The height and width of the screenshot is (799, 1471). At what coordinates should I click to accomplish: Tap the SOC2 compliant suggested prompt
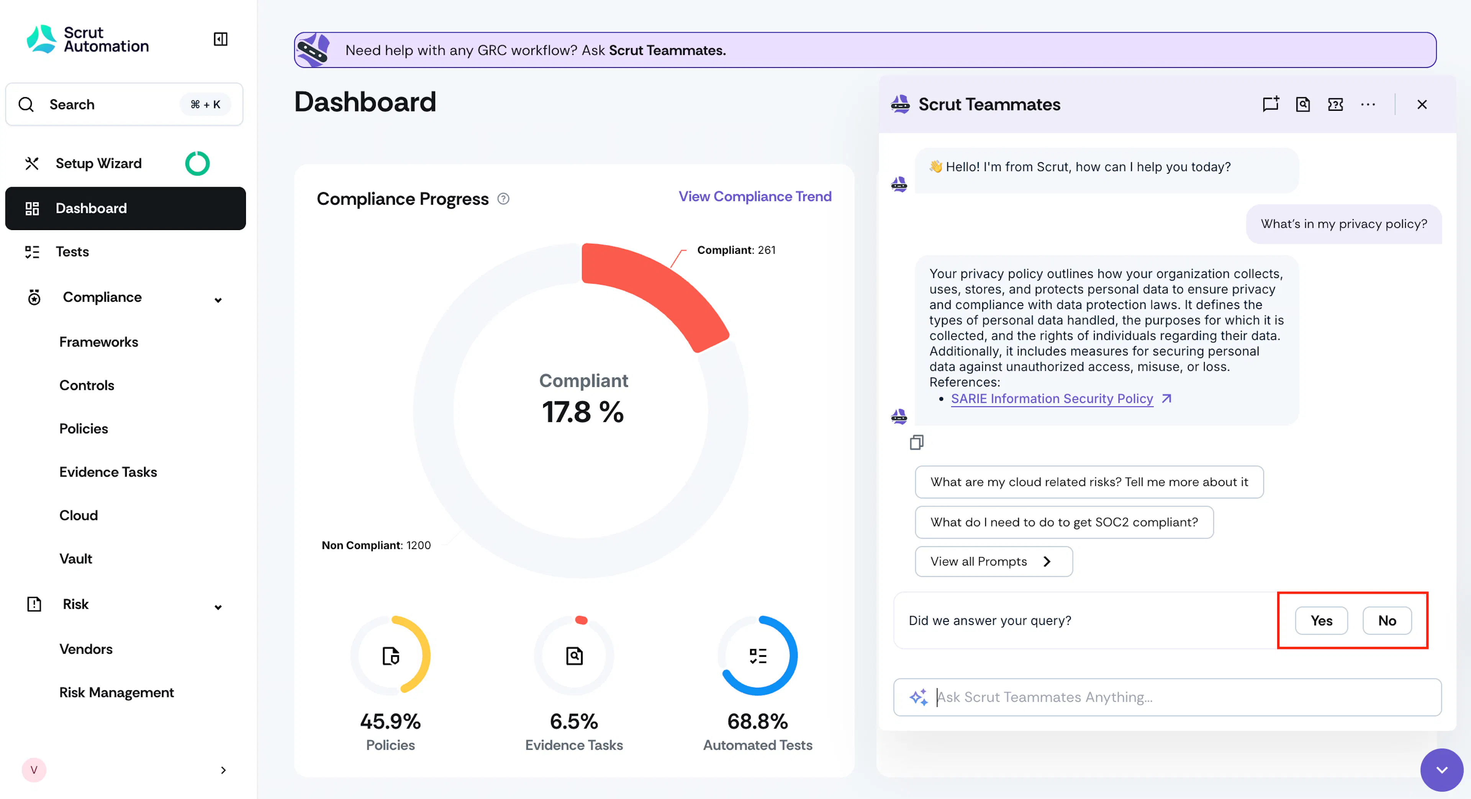click(x=1064, y=522)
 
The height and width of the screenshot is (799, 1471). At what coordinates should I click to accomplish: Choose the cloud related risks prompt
click(x=1089, y=482)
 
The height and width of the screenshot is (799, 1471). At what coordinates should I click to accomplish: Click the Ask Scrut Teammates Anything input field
click(x=1167, y=697)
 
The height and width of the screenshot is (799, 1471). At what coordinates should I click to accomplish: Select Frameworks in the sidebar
click(x=99, y=342)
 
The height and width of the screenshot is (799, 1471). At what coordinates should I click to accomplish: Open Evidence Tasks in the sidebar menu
click(x=108, y=472)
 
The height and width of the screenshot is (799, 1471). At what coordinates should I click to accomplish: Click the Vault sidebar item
click(x=75, y=559)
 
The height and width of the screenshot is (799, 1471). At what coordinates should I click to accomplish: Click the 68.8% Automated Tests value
click(x=757, y=721)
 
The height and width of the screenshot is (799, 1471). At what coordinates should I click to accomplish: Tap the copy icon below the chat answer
click(x=917, y=442)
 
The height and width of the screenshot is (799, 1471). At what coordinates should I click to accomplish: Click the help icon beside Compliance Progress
click(x=503, y=199)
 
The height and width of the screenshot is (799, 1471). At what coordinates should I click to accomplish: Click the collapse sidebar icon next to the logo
click(x=220, y=39)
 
